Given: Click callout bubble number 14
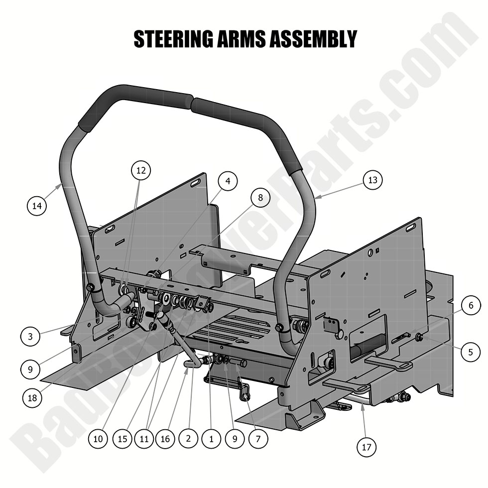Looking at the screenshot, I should coord(37,206).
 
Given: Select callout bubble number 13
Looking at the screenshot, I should coord(373,180).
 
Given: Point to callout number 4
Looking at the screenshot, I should coord(228,181).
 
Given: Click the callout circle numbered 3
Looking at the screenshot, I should coord(30,337).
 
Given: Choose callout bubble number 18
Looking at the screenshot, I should coord(32,397).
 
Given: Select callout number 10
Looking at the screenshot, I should coord(98,439).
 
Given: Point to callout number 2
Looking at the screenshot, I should coord(188,439).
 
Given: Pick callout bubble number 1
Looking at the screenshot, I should coord(212,439).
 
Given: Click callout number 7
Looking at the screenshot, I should coord(258,439).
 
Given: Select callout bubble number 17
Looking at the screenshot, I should coord(366,448).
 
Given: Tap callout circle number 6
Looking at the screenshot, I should coord(471,305).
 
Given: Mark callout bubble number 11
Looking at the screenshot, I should coord(144,439).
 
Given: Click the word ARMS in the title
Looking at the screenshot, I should coord(241,39).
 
